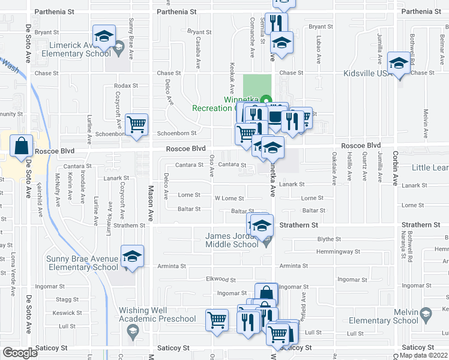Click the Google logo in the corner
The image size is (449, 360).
(x=19, y=353)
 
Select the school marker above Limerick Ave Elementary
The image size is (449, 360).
(x=104, y=35)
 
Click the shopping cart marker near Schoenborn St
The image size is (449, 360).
(x=137, y=125)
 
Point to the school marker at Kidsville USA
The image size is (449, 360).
(x=399, y=63)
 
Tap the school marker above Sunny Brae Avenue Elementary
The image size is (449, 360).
(x=132, y=257)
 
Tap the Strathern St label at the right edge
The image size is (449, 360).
(x=425, y=225)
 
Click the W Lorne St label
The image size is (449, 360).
(x=229, y=199)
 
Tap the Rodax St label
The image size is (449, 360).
(x=126, y=86)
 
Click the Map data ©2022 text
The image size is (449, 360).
(x=423, y=355)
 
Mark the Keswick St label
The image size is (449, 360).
(x=67, y=313)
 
